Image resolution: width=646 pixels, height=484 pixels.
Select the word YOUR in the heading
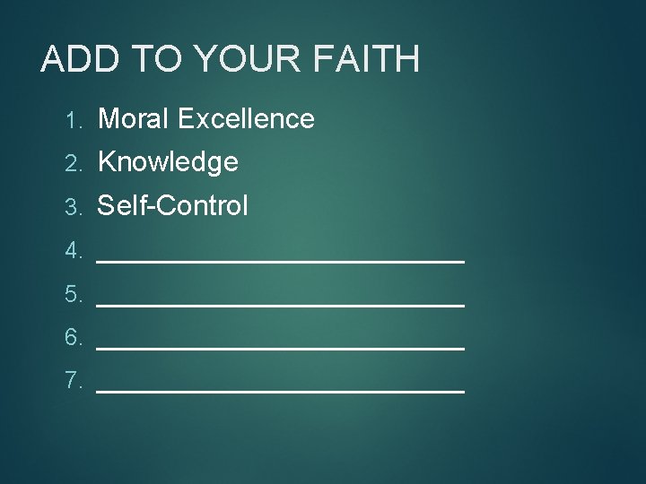242,59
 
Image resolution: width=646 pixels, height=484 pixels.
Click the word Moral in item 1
134,118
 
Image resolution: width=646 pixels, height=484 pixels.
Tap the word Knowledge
168,162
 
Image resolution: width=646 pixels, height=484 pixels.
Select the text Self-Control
172,205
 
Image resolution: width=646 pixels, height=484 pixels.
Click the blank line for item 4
280,260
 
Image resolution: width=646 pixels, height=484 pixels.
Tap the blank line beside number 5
280,304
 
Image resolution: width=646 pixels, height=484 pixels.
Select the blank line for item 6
280,347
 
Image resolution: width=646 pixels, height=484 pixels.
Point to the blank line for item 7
280,391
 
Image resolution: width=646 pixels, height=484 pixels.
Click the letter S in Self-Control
106,205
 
